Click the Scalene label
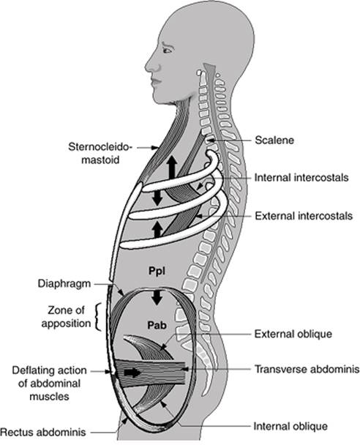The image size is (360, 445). (274, 141)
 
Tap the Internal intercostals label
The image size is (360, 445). (301, 178)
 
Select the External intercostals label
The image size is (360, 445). (304, 216)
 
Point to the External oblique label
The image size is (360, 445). (293, 334)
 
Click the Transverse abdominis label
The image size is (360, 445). (307, 369)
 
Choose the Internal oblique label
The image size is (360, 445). (290, 426)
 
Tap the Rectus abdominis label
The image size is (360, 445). (43, 433)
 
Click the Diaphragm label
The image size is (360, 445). (64, 283)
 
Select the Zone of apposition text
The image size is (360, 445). (66, 317)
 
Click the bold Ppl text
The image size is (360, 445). (157, 271)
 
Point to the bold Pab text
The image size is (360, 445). (157, 325)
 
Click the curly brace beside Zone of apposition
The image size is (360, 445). (98, 317)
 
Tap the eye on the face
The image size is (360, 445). (167, 50)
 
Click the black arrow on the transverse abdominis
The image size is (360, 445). (132, 372)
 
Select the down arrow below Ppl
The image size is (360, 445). (157, 298)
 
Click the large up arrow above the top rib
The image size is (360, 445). (172, 168)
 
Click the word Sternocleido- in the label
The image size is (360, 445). (100, 147)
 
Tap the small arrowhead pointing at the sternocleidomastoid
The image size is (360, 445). (154, 147)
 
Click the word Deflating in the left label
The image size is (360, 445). (32, 370)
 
